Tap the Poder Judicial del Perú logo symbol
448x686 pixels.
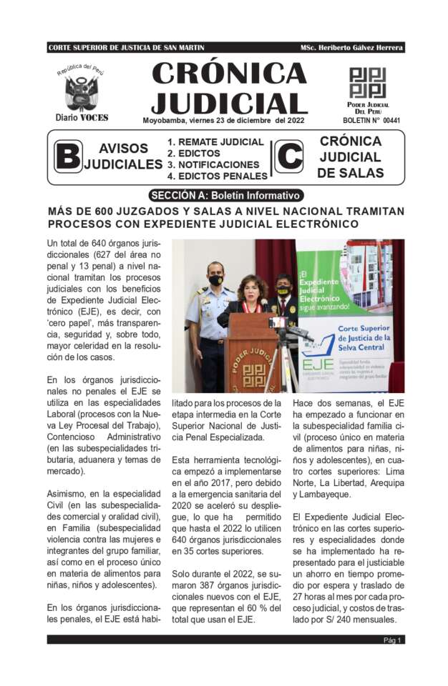[x=367, y=83]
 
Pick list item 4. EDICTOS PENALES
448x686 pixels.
[x=217, y=176]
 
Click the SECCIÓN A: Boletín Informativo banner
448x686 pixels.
[x=226, y=195]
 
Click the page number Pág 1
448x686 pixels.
[x=392, y=640]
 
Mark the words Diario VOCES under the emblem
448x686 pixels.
[x=80, y=118]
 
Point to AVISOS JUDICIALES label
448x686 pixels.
[x=123, y=156]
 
